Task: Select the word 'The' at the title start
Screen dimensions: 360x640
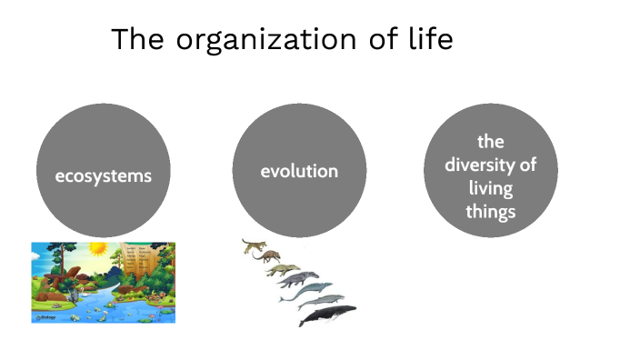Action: (x=139, y=40)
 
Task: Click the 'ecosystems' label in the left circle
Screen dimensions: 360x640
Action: (x=103, y=175)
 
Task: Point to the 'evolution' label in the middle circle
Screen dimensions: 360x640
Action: (x=299, y=171)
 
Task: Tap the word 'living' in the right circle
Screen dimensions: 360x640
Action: (x=491, y=189)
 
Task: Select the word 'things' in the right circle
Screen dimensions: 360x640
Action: (x=491, y=212)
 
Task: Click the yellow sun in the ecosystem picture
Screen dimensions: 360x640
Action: (x=97, y=248)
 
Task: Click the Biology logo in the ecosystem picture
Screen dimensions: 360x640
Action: (x=45, y=317)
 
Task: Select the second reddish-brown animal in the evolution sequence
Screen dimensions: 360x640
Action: (x=270, y=257)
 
